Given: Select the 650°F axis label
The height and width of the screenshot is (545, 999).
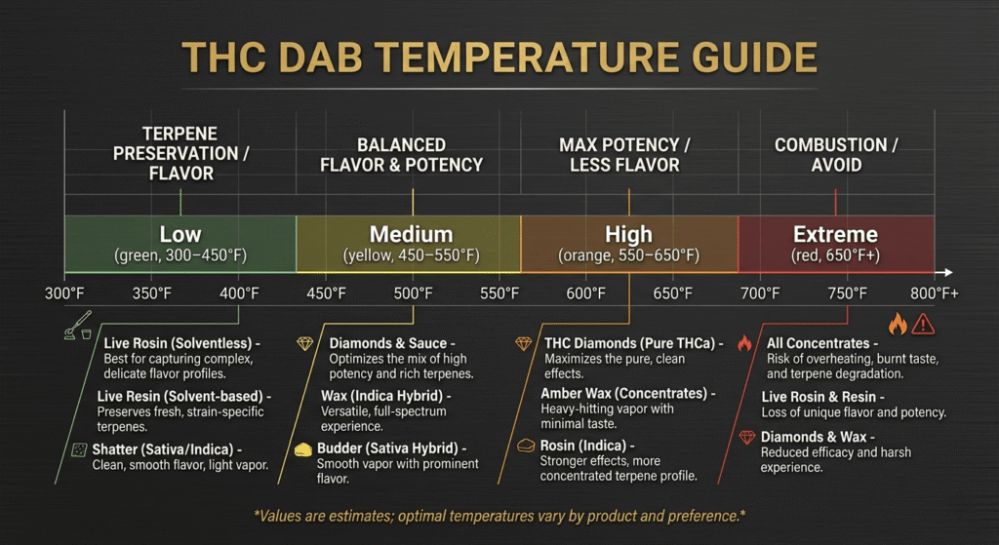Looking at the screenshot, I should [673, 292].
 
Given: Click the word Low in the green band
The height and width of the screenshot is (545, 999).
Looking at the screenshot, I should [180, 234].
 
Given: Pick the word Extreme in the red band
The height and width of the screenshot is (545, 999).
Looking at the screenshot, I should [835, 234].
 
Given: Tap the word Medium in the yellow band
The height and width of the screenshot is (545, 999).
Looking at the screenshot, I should [411, 234].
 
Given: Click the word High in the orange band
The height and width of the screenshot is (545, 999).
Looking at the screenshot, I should [628, 234].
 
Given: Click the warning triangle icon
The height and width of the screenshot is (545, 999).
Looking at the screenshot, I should [922, 324].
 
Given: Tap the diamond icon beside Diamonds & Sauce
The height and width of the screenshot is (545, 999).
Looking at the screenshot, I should [305, 344].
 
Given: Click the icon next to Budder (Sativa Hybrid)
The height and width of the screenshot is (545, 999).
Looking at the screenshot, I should [303, 448].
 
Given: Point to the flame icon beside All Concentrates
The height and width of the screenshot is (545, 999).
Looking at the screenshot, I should [744, 344].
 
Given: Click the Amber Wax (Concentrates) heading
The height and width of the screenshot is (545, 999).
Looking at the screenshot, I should [628, 394].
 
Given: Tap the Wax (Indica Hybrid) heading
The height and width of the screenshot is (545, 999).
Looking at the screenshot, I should [385, 396].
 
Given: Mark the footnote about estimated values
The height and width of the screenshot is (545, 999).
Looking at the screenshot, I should [499, 513].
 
